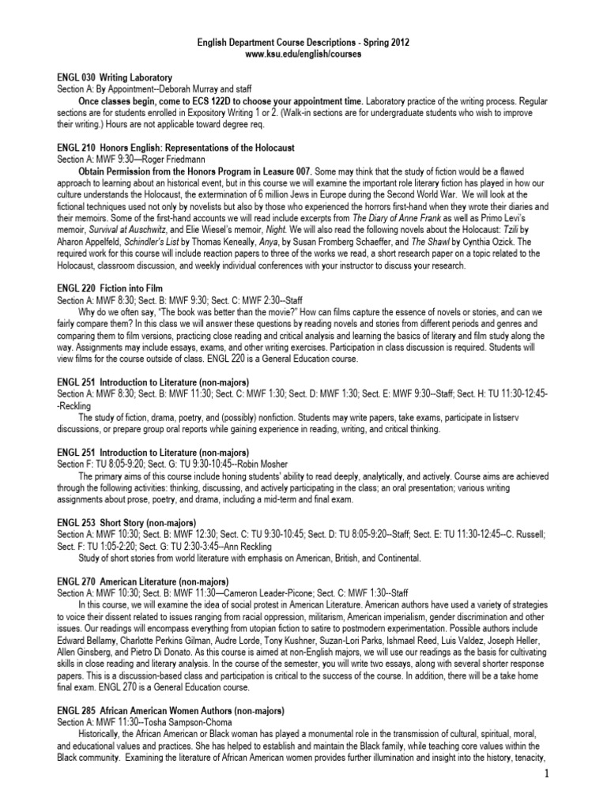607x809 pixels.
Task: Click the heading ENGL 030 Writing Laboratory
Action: (x=115, y=78)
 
